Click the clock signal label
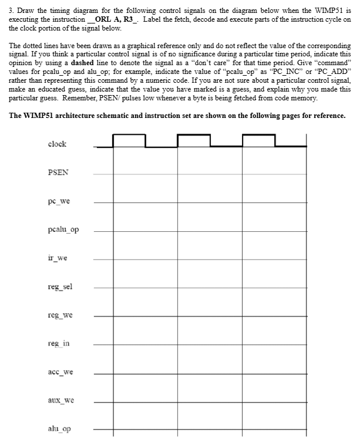tap(57, 144)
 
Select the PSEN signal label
tap(58, 173)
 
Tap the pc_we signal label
tap(59, 201)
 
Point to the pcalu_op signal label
tap(63, 230)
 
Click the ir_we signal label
tap(58, 258)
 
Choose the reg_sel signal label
tap(60, 287)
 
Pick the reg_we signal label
tap(60, 316)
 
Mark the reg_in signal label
tap(59, 344)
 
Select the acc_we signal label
tap(60, 373)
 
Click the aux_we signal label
tap(60, 401)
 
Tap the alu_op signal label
tap(59, 430)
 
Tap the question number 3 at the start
tap(11, 11)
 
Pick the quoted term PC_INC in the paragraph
tap(297, 77)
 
